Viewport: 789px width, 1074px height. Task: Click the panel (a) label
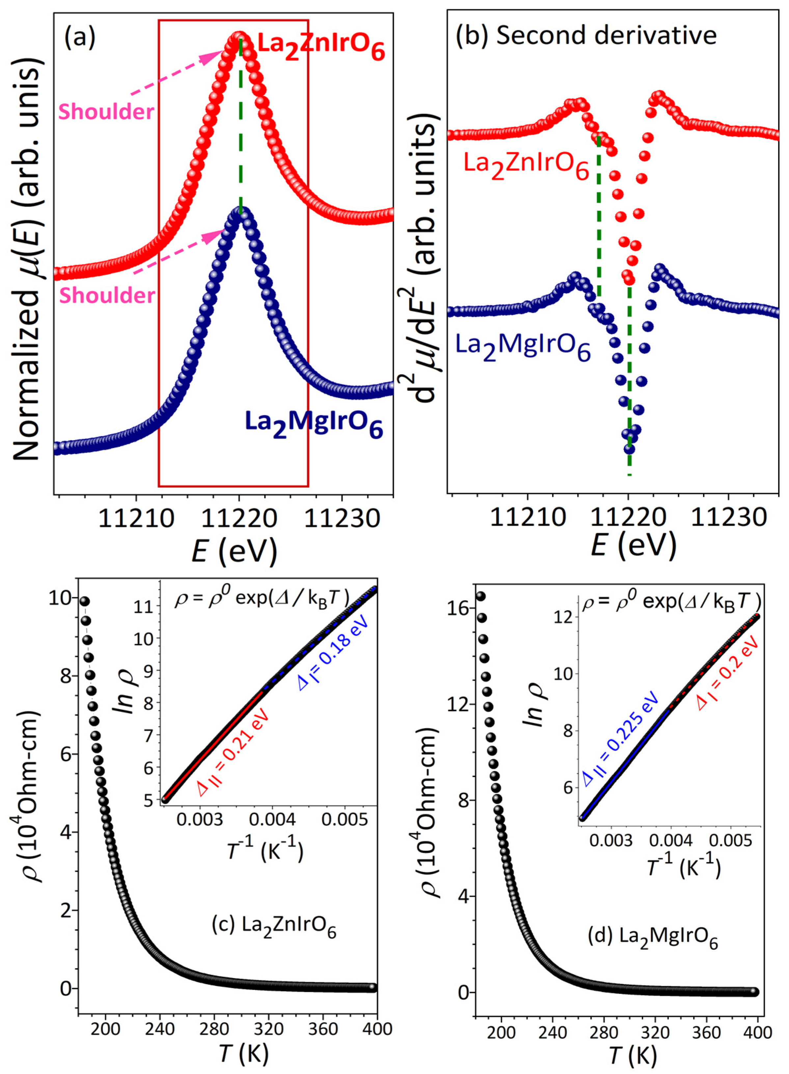(80, 37)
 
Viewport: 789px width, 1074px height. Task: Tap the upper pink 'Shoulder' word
(106, 112)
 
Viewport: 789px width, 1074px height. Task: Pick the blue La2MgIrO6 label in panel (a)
(314, 423)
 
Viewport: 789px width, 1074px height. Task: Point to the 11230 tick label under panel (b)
(728, 518)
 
